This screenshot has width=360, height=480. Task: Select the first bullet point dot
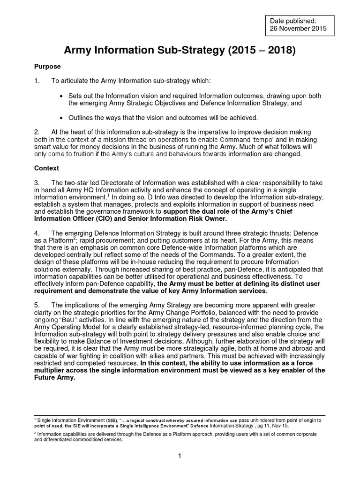62,96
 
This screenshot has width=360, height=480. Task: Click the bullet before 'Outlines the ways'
62,118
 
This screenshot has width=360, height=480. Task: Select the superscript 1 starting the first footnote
36,420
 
